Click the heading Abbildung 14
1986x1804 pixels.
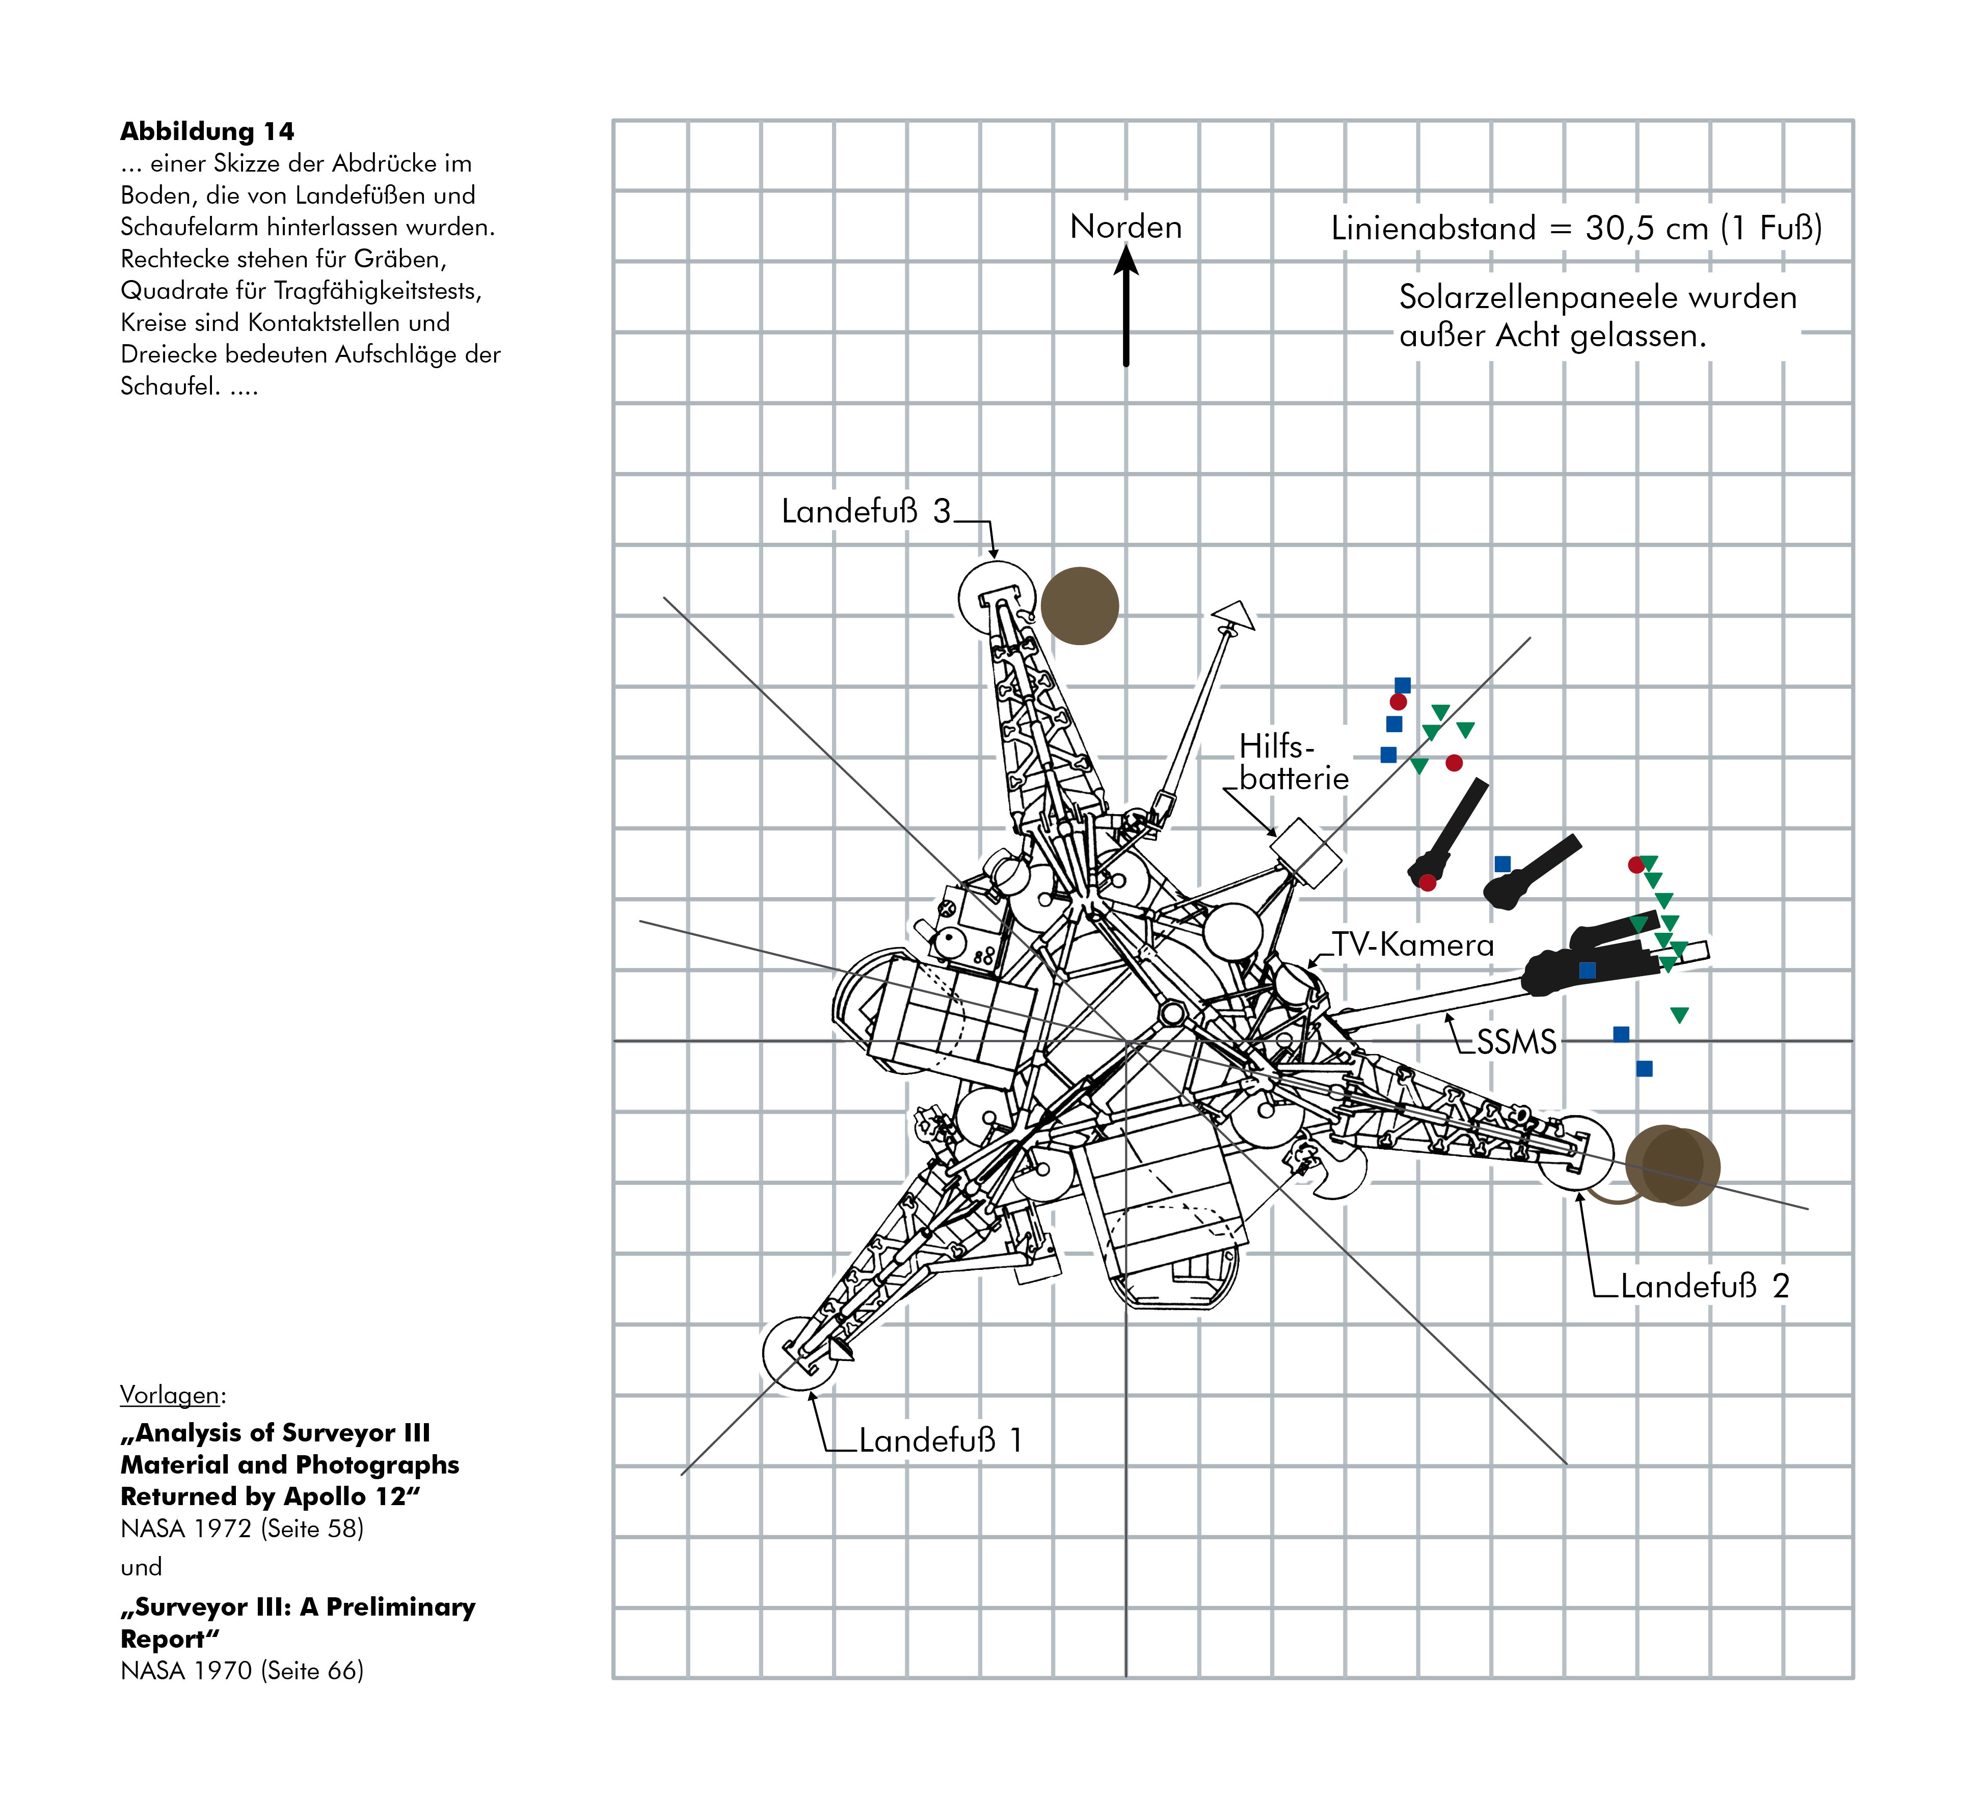pos(207,131)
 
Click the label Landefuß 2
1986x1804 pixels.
pos(1704,1286)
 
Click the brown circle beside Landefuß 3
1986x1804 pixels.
pos(1080,605)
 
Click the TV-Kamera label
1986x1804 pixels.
pos(1413,946)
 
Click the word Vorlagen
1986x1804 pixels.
pos(171,1394)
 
